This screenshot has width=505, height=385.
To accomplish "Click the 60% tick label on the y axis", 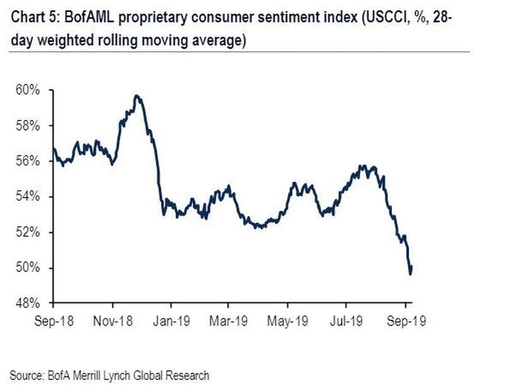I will coord(28,90).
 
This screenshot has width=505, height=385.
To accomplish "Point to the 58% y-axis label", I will coord(28,126).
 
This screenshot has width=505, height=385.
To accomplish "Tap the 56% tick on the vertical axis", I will coord(28,162).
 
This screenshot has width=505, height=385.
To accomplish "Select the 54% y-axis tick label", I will coord(28,197).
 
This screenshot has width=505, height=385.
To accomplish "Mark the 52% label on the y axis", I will coord(28,232).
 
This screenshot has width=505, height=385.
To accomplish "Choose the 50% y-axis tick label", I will coord(28,268).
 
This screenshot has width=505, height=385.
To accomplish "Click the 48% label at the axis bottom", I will coord(28,304).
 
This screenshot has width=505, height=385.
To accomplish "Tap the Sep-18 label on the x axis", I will coord(54,321).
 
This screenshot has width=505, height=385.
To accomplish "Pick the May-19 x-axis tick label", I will coord(288,321).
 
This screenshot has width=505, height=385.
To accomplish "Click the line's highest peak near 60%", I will coord(137,96).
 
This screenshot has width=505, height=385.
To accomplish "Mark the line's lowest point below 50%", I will coord(410,273).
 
